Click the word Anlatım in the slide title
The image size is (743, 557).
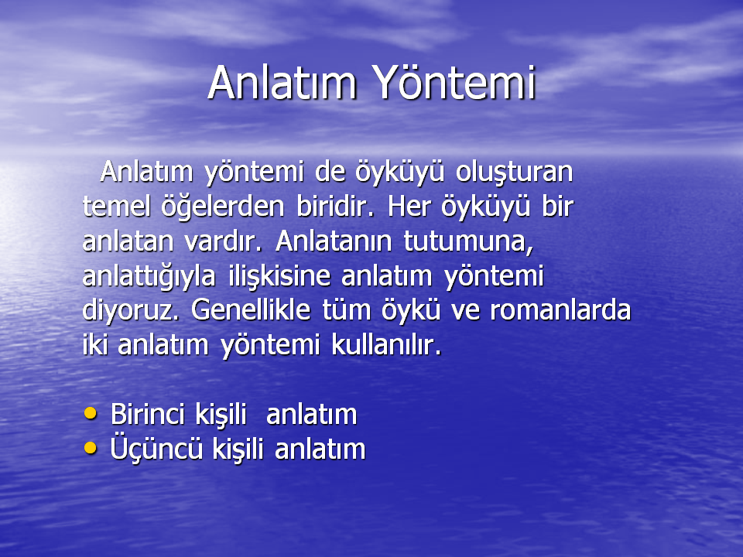[282, 83]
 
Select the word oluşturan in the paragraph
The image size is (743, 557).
[514, 172]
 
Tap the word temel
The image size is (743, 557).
[115, 207]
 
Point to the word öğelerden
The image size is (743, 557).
[223, 207]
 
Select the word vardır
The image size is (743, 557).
[223, 241]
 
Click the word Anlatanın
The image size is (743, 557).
[334, 241]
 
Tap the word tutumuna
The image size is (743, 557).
[469, 242]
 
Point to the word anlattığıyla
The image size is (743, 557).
[149, 277]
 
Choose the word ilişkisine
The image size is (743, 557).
[279, 277]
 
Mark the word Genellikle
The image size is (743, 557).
[251, 310]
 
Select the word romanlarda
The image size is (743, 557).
[560, 310]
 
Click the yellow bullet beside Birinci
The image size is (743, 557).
[90, 413]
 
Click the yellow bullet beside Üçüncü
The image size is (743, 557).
[90, 448]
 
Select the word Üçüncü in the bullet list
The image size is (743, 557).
[156, 448]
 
